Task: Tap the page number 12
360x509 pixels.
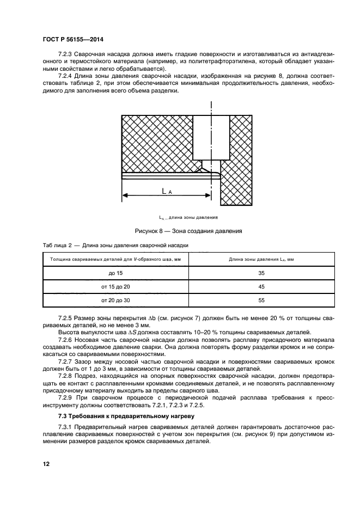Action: click(x=46, y=464)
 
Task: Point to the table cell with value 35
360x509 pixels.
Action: click(x=261, y=272)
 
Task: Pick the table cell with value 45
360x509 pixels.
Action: click(x=261, y=286)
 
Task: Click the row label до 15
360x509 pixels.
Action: click(x=115, y=272)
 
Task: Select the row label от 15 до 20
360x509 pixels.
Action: click(x=115, y=286)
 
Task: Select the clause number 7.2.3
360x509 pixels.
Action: click(x=66, y=56)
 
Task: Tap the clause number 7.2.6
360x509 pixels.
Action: click(x=66, y=339)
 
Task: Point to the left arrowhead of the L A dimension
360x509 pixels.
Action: click(x=124, y=195)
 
